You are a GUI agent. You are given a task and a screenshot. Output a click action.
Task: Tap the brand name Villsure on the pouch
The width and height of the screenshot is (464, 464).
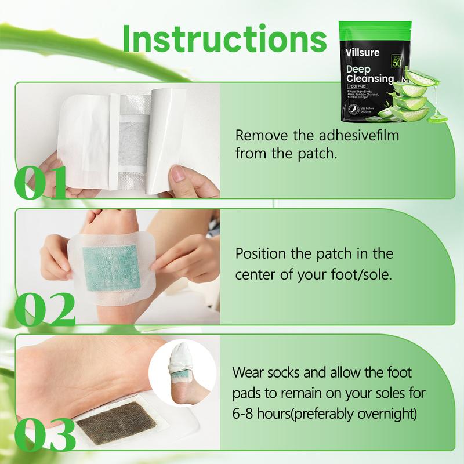tap(363, 52)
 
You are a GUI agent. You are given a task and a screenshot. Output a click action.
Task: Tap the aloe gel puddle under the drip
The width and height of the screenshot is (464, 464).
tap(440, 118)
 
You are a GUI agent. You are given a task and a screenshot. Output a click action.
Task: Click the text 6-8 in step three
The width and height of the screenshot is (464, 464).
tap(246, 414)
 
